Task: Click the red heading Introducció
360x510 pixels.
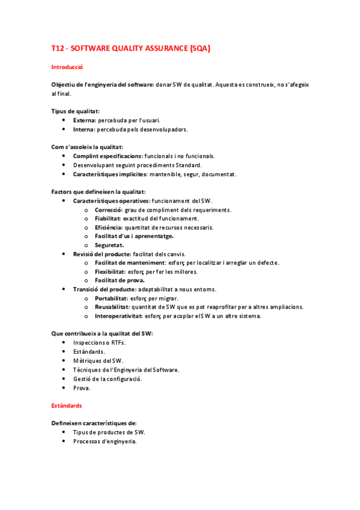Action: (x=67, y=67)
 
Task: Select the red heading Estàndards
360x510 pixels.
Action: (x=67, y=406)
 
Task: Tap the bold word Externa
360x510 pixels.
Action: (x=84, y=120)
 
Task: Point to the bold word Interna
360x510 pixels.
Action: (x=84, y=129)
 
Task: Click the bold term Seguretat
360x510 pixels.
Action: (x=109, y=245)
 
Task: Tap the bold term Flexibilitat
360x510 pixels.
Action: (x=110, y=272)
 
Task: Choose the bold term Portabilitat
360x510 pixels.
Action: (x=111, y=298)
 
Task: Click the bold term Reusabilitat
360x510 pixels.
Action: (x=111, y=307)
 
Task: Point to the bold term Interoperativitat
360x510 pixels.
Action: (x=118, y=316)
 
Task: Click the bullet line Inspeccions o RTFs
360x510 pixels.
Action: (x=99, y=342)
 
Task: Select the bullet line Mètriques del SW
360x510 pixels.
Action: (x=98, y=360)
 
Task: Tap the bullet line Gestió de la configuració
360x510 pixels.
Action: (x=107, y=379)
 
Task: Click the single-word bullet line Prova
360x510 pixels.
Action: (x=82, y=388)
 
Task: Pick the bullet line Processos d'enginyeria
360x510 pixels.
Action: (x=105, y=441)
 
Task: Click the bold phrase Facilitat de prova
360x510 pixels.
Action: (x=120, y=280)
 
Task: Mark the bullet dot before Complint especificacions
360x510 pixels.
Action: (x=64, y=156)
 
